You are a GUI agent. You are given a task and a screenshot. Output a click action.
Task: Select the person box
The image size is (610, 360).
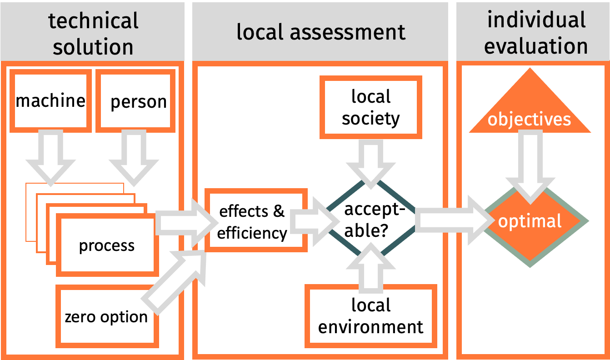(x=135, y=100)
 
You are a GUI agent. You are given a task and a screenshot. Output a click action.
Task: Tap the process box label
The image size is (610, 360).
(x=107, y=246)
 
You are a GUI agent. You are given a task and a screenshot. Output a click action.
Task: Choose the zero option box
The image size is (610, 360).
(x=106, y=315)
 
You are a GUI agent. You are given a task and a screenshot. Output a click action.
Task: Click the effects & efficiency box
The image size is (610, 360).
(x=253, y=221)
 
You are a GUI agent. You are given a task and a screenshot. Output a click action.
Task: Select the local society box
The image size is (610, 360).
(x=370, y=107)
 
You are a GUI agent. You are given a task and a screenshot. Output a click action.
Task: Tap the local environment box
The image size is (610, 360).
(x=370, y=315)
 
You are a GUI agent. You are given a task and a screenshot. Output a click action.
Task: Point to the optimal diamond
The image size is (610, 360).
(x=530, y=221)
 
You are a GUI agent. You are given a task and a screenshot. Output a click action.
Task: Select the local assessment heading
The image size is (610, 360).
(x=320, y=32)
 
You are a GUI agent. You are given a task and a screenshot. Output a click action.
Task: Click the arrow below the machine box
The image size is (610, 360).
(x=50, y=157)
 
